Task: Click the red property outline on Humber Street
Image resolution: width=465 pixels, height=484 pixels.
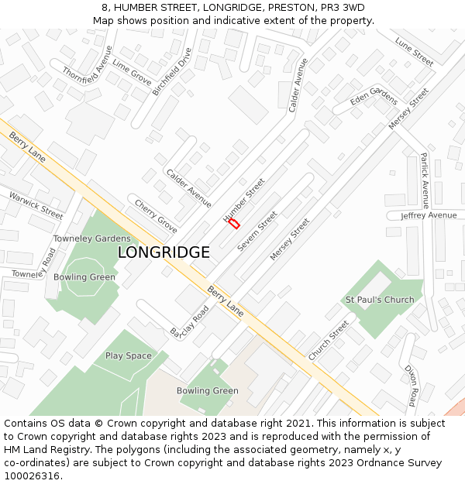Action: (232, 223)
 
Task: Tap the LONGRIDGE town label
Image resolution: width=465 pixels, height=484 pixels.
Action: (164, 252)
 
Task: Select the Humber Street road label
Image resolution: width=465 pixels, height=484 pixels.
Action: (244, 200)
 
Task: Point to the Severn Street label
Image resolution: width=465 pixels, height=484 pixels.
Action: (257, 231)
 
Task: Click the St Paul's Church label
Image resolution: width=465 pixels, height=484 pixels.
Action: (380, 300)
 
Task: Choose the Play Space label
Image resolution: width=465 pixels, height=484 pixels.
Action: (129, 355)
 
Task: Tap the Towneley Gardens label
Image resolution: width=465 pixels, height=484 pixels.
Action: (91, 239)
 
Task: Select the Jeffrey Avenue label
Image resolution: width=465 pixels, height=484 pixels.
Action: (429, 215)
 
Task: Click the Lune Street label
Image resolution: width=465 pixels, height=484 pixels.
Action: (414, 51)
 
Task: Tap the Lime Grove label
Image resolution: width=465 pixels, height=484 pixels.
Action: (132, 71)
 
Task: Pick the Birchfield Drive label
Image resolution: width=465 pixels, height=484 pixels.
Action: (171, 71)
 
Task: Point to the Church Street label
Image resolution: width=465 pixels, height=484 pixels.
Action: (329, 341)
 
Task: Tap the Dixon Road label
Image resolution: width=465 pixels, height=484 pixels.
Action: (412, 385)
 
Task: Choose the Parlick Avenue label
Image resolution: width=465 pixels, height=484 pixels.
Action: (425, 180)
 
